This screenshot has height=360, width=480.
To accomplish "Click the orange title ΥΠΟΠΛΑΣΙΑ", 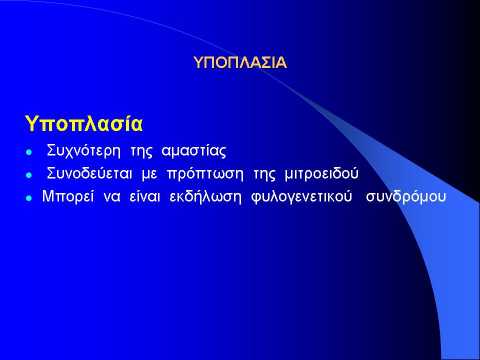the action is click(240, 63).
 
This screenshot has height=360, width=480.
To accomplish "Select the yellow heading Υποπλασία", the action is click(83, 123).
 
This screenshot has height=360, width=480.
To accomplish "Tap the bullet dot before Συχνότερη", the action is click(29, 152).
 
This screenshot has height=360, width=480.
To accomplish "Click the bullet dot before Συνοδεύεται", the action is click(29, 175).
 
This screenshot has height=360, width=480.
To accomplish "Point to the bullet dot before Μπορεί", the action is click(29, 198).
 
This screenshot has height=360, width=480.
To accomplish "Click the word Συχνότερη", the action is click(83, 151).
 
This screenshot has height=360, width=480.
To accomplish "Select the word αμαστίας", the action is click(194, 151).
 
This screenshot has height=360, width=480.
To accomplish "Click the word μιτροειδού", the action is click(321, 173).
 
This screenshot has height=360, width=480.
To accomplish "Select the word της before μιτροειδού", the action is click(264, 174).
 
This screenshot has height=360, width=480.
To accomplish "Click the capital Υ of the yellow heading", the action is click(31, 123).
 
